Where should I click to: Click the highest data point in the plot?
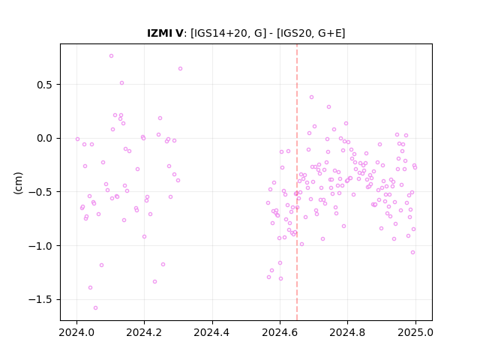[x=112, y=56]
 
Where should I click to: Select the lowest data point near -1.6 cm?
[x=95, y=308]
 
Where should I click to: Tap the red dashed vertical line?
[x=297, y=182]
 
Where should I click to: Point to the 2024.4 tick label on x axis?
[x=211, y=332]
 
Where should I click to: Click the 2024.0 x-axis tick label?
[x=76, y=332]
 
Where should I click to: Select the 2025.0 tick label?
[x=415, y=332]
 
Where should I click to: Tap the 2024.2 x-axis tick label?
[x=144, y=332]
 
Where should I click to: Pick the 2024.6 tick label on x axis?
[x=280, y=332]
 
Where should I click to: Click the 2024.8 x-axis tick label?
[x=347, y=332]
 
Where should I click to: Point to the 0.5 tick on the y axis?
[x=45, y=85]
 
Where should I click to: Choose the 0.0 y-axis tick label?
[x=45, y=138]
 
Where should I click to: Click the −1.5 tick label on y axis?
[x=40, y=300]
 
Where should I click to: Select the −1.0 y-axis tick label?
[x=40, y=246]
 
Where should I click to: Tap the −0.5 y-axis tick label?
[x=40, y=192]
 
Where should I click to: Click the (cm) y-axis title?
[x=18, y=183]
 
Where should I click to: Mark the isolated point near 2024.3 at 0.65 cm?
[x=180, y=69]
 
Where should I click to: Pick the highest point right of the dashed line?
[x=312, y=97]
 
